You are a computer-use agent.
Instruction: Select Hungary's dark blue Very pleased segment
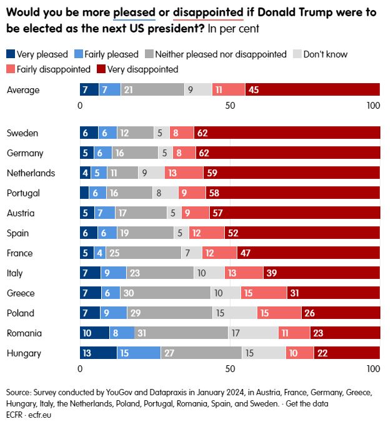click(98, 353)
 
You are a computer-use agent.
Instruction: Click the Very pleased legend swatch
click(10, 54)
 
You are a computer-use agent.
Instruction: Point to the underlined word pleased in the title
click(136, 11)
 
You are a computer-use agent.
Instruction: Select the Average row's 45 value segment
click(312, 90)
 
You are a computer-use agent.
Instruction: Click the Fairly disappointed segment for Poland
click(279, 313)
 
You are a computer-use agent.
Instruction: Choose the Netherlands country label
click(31, 173)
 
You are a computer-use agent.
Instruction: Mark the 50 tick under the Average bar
click(230, 106)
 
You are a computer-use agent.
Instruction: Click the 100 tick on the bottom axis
click(374, 369)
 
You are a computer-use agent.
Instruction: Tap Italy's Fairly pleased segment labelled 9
click(114, 273)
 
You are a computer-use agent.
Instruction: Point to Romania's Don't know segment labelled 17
click(253, 333)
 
